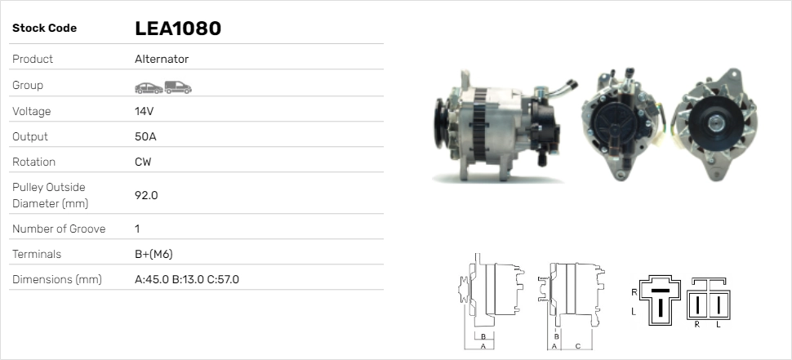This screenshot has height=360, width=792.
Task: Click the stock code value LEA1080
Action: coord(178,29)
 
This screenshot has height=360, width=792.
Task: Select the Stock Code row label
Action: coord(44,29)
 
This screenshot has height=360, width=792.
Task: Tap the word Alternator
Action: coord(162,60)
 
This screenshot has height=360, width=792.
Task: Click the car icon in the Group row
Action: coord(148,87)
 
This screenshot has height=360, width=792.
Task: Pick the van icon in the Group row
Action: coord(177,87)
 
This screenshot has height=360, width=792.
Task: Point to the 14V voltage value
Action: coord(144,111)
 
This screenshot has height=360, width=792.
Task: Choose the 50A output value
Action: coord(145,136)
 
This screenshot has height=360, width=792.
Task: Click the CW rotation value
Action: coord(143,162)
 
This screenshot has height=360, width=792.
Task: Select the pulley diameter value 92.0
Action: coord(146,195)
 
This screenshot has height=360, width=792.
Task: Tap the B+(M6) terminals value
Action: coord(154,254)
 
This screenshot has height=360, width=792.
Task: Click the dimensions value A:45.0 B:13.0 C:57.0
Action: coord(186,279)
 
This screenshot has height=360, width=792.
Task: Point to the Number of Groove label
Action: coord(59,229)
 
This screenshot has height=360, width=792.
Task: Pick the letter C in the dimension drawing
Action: coord(578,346)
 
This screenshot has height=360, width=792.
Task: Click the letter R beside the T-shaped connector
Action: coord(634,291)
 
